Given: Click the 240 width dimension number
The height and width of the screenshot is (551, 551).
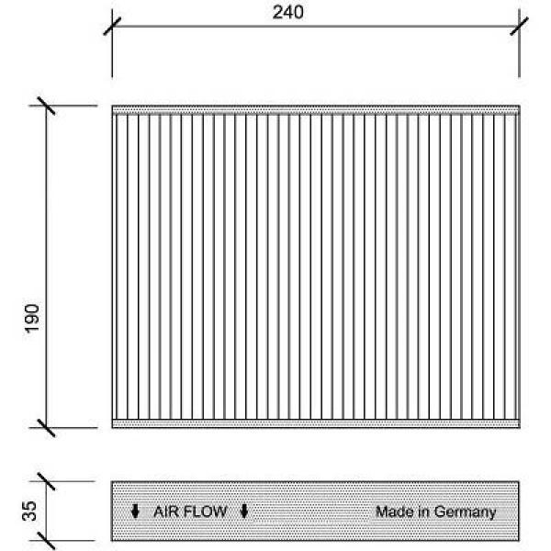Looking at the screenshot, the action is [287, 12].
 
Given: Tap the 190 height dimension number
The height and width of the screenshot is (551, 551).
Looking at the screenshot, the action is [31, 319].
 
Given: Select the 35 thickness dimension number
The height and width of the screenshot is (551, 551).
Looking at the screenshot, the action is [29, 511].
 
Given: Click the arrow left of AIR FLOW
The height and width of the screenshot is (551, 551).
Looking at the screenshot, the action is [135, 512].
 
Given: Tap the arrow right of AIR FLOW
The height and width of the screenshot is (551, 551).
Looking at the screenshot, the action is [244, 512].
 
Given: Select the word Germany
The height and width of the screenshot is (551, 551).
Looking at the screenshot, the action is [465, 512].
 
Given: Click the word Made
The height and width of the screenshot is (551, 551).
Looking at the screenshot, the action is [395, 512].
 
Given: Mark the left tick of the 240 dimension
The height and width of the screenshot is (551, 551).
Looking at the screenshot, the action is [112, 27].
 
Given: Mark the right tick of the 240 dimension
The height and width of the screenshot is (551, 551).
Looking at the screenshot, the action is [519, 27].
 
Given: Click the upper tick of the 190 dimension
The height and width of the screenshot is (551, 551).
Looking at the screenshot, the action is [47, 106].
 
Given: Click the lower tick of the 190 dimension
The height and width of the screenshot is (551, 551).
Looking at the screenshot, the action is [47, 428].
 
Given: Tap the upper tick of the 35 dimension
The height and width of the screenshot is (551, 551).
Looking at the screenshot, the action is [47, 481].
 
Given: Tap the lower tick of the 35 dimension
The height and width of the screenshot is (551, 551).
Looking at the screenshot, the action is [47, 541].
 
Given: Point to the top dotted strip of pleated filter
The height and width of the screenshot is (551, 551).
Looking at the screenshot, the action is [316, 109].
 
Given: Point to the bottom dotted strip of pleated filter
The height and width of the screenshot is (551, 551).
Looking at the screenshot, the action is [316, 423].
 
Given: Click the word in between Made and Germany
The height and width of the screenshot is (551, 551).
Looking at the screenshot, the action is [423, 512].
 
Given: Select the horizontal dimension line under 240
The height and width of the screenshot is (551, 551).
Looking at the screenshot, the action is [316, 27].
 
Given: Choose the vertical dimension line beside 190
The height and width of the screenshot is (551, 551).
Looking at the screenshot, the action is [47, 266].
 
